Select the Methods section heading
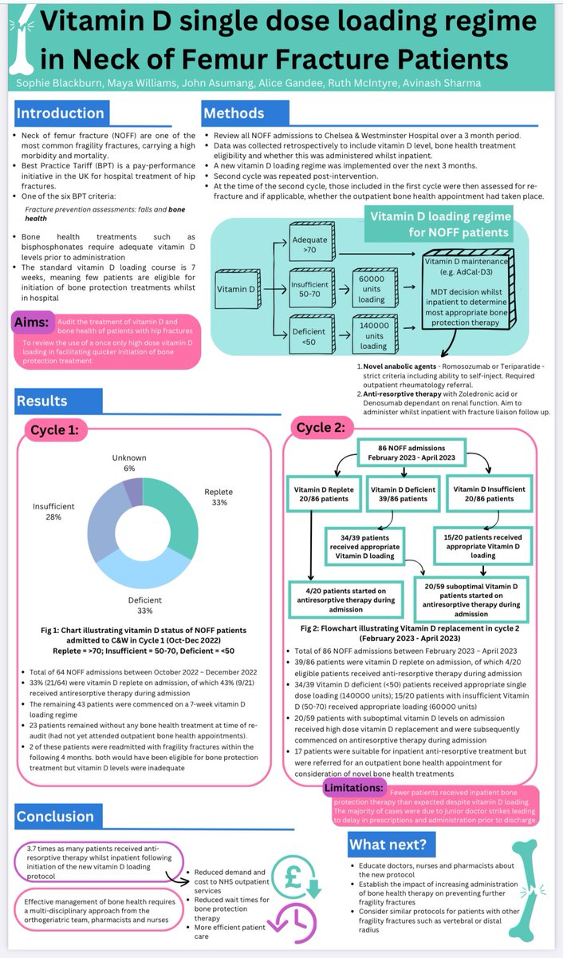[233, 113]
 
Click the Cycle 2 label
[321, 427]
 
